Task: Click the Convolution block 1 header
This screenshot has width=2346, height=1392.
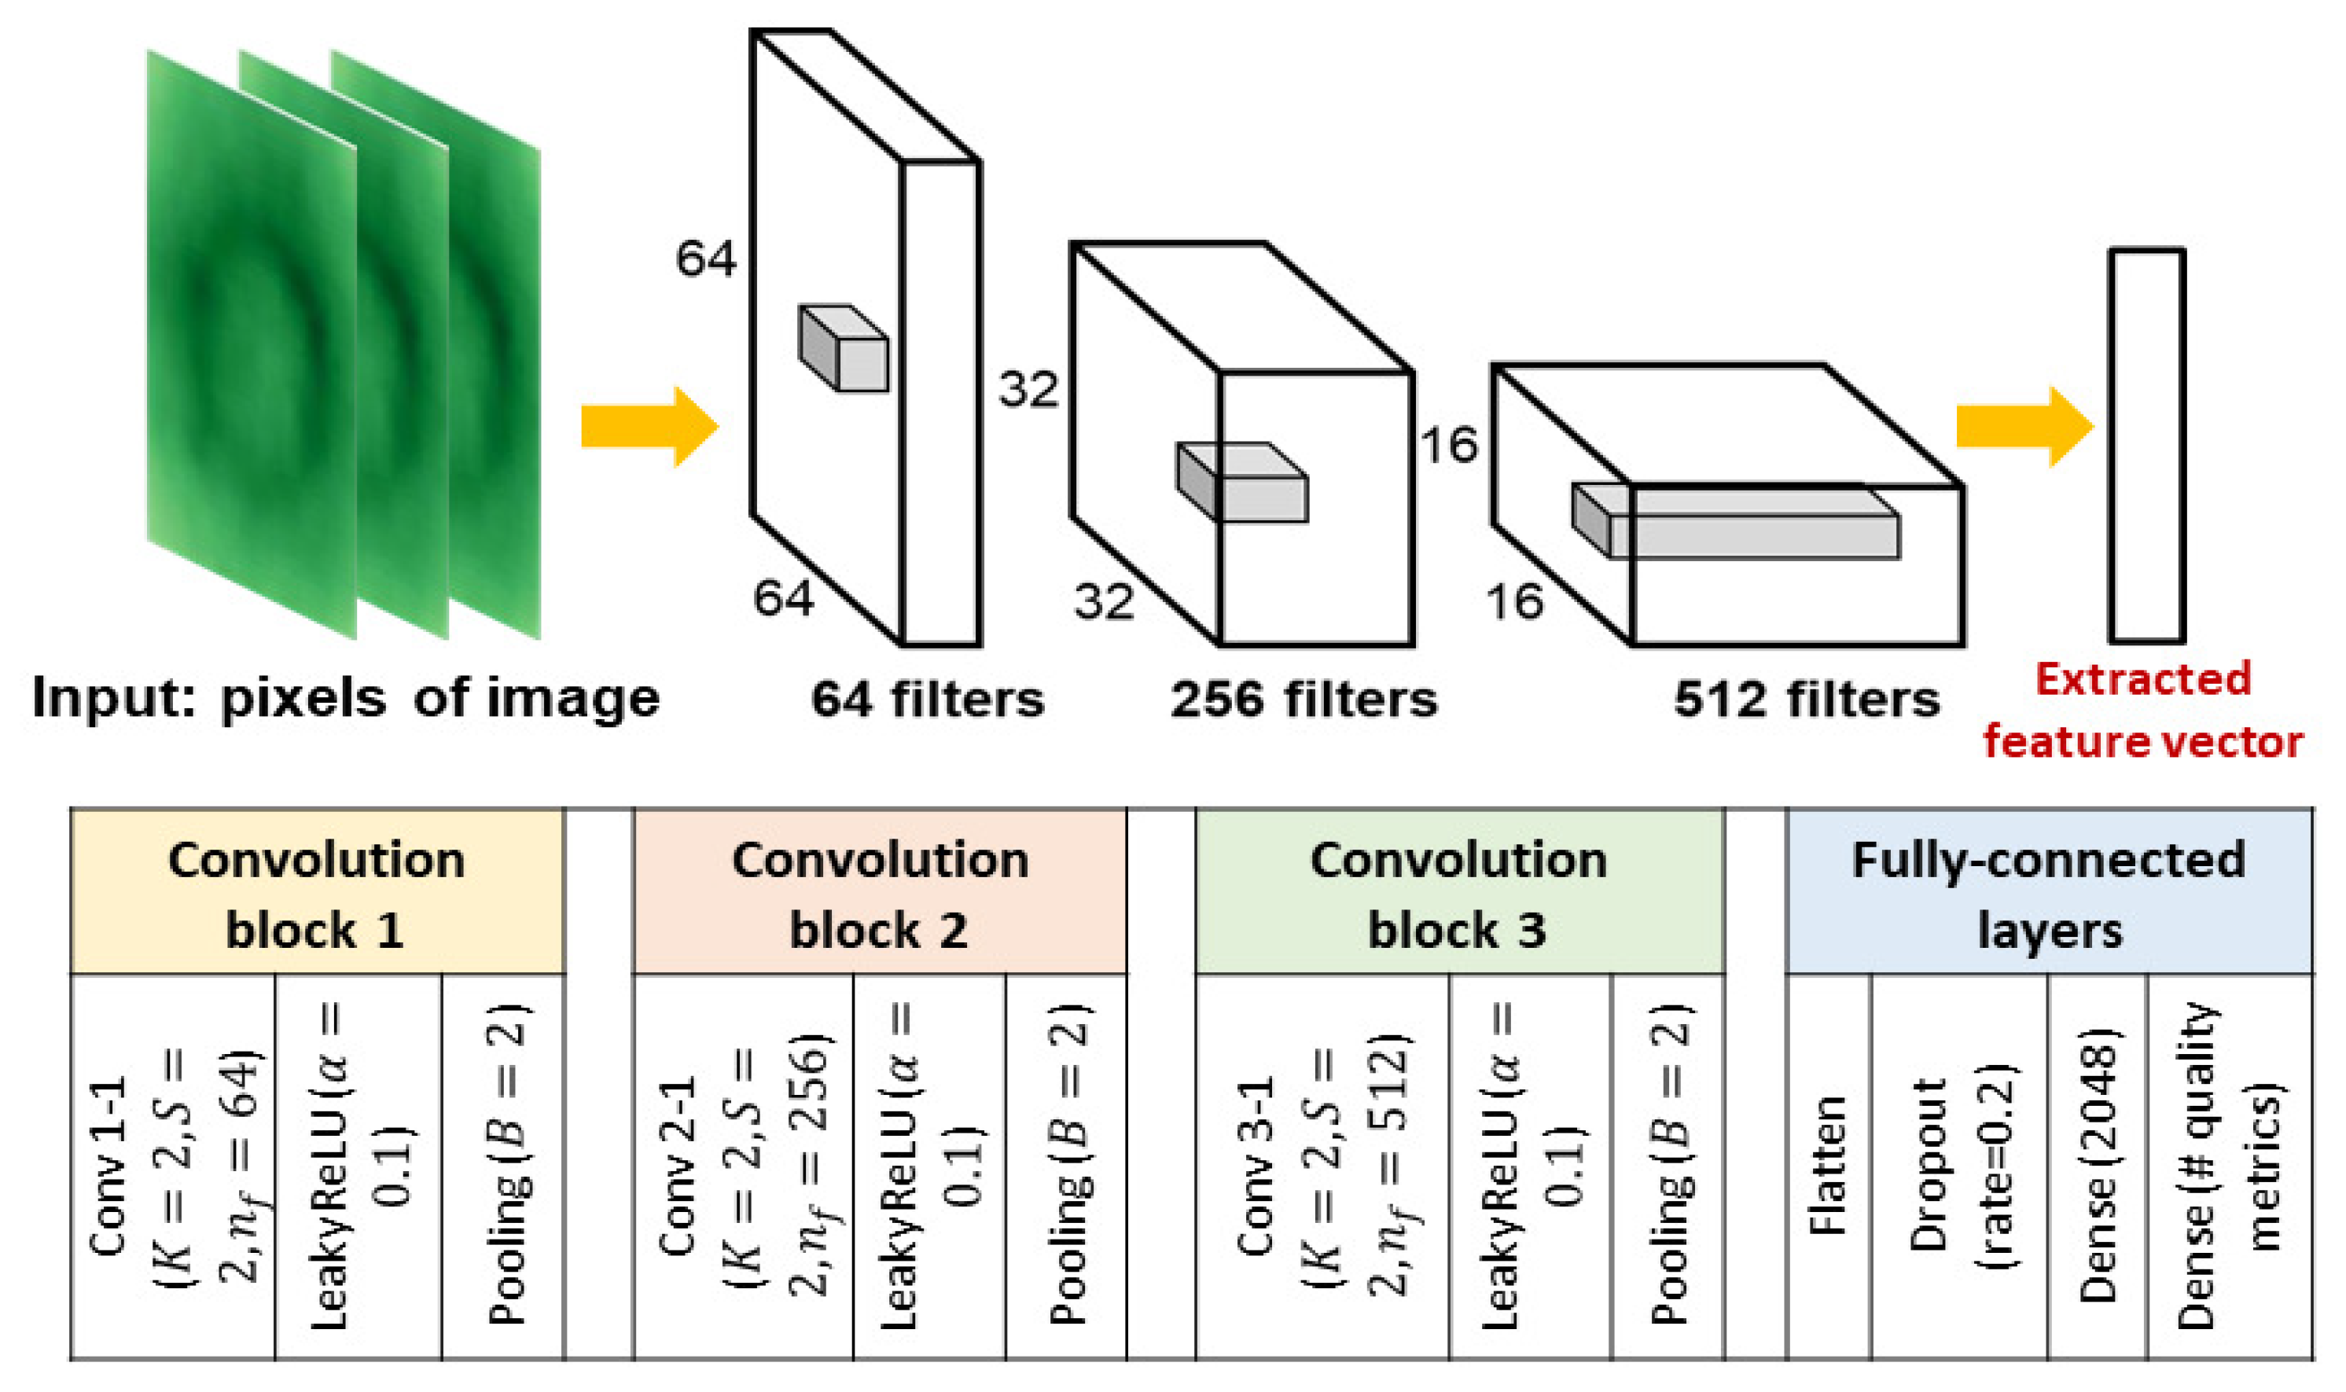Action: (317, 894)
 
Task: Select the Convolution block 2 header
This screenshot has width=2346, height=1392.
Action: (880, 894)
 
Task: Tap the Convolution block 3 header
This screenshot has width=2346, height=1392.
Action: (1458, 894)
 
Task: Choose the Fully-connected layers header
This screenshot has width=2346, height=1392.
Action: (2049, 894)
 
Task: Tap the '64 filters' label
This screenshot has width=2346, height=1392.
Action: (927, 700)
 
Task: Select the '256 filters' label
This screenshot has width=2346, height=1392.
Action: (1303, 700)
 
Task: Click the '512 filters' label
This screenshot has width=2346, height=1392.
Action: (1807, 700)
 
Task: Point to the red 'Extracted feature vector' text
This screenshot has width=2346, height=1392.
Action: (2142, 710)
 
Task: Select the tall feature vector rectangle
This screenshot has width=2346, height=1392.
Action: (2147, 446)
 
